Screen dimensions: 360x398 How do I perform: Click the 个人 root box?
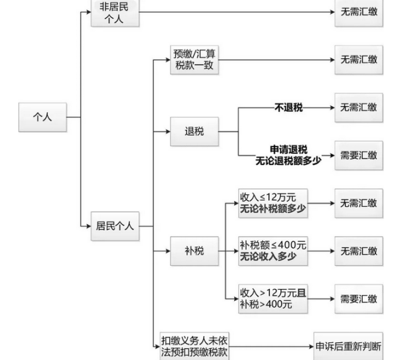point(42,117)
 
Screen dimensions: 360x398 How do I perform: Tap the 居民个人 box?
point(115,226)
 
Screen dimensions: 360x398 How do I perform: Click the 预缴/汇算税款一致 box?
point(194,60)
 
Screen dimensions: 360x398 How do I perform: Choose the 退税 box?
point(194,131)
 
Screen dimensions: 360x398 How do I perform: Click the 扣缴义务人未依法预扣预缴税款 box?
point(194,347)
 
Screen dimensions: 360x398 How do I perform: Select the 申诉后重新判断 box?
point(348,347)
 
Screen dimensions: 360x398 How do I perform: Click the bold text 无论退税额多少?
point(284,160)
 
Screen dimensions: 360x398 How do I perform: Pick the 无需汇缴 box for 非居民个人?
point(359,13)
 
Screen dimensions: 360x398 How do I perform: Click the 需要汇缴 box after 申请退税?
point(359,155)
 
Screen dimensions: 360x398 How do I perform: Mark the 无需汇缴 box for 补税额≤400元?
point(359,251)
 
